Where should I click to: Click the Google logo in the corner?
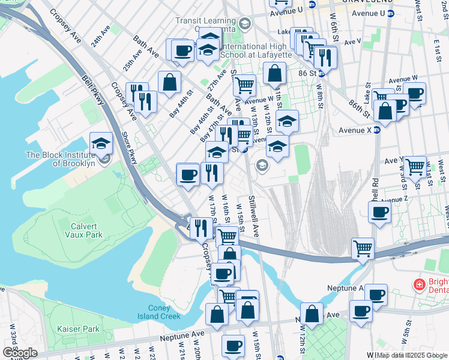20,352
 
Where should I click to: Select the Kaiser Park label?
78,329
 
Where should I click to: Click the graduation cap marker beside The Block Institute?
101,143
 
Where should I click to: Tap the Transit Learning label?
204,20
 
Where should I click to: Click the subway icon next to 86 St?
322,73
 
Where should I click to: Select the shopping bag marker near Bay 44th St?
170,82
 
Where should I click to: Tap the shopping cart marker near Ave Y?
415,167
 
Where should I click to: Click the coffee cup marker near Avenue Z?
379,212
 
